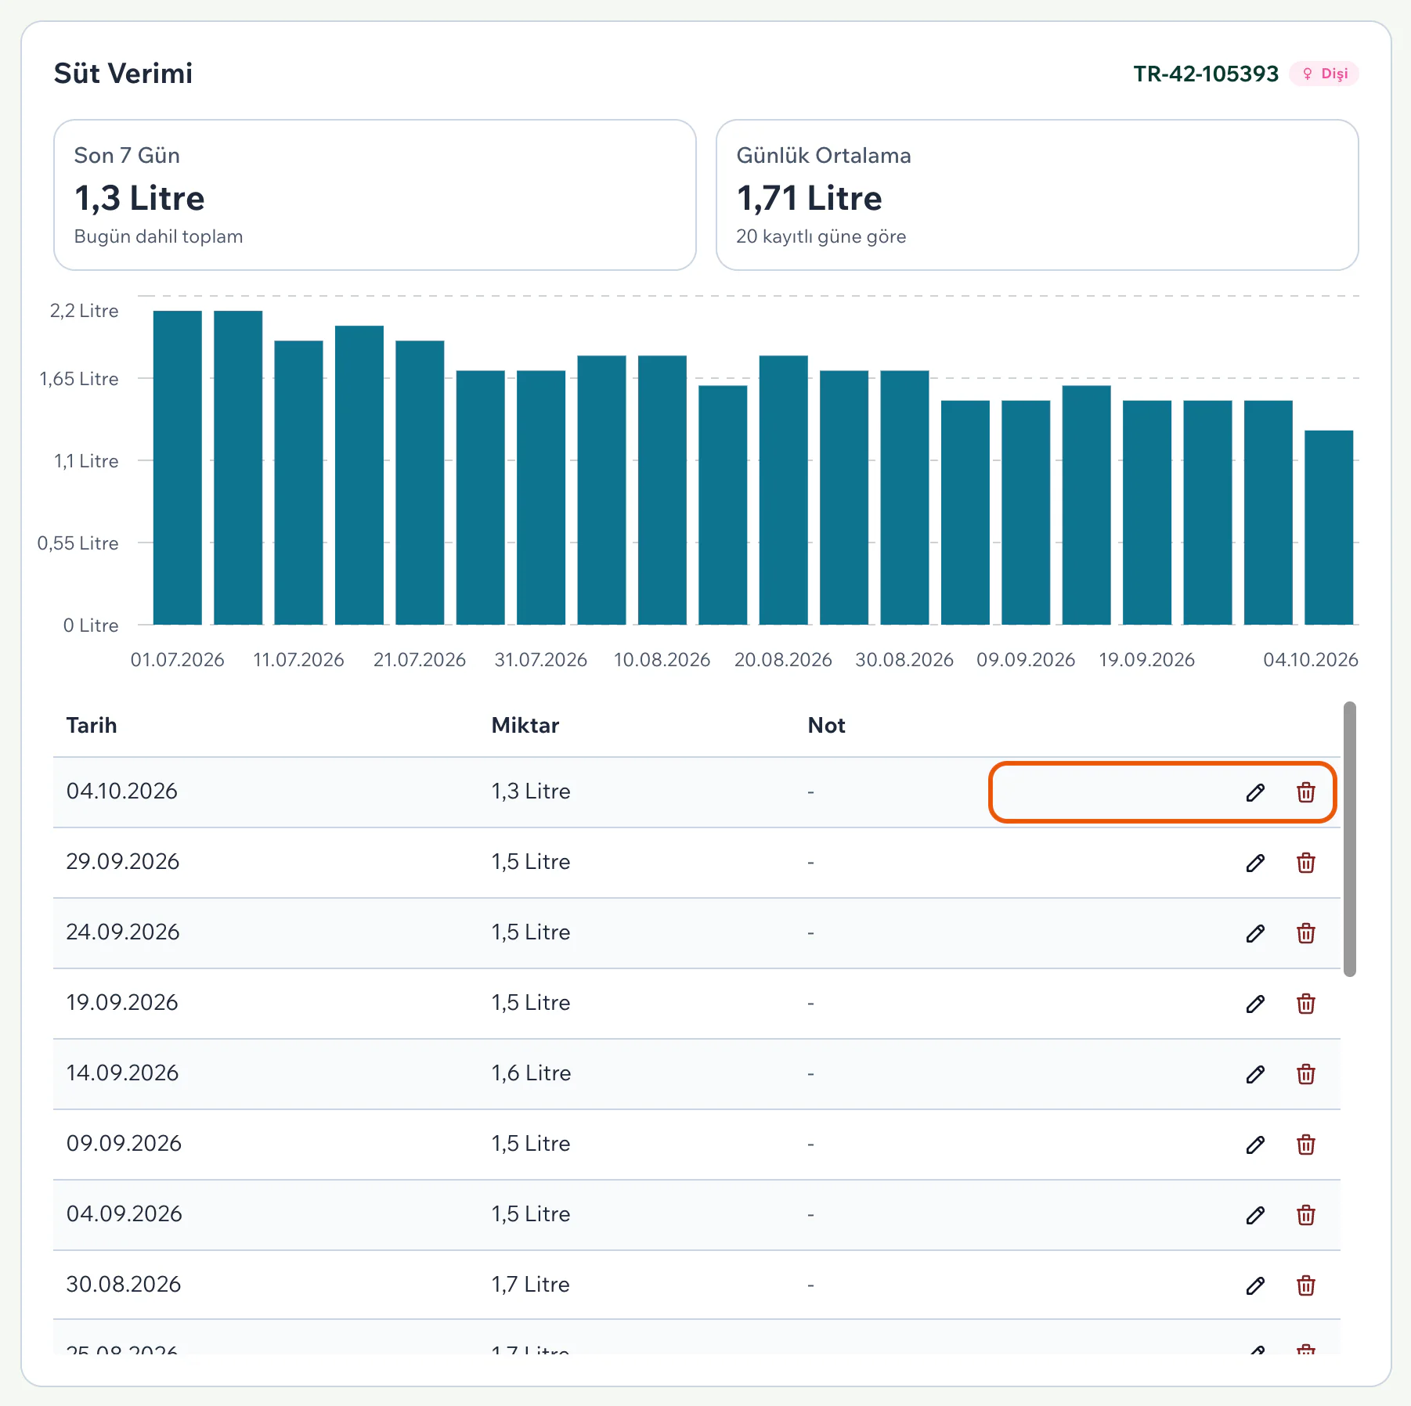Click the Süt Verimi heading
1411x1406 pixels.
click(123, 74)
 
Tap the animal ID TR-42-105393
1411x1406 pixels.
click(1206, 74)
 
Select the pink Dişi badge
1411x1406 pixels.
click(1324, 74)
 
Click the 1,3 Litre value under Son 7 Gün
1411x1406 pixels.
click(139, 198)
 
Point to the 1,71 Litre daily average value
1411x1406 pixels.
click(809, 198)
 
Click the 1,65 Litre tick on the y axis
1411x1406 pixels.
click(79, 379)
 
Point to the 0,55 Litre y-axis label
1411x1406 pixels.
click(78, 543)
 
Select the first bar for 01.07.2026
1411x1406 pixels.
click(178, 467)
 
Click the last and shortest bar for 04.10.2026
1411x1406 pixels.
click(1329, 528)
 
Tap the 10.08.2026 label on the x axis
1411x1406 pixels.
click(662, 660)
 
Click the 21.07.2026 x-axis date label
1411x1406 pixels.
click(420, 660)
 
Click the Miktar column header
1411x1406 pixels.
click(525, 726)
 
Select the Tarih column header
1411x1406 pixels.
click(92, 726)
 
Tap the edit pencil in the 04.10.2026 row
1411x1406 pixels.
click(1255, 792)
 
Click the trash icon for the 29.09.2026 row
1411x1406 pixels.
click(1306, 863)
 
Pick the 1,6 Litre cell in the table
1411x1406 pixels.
click(531, 1073)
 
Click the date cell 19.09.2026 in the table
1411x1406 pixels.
click(122, 1003)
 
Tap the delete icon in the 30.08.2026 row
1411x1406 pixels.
click(1306, 1285)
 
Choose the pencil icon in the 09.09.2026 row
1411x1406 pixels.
click(1255, 1145)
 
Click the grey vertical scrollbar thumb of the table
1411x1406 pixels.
click(1349, 839)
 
